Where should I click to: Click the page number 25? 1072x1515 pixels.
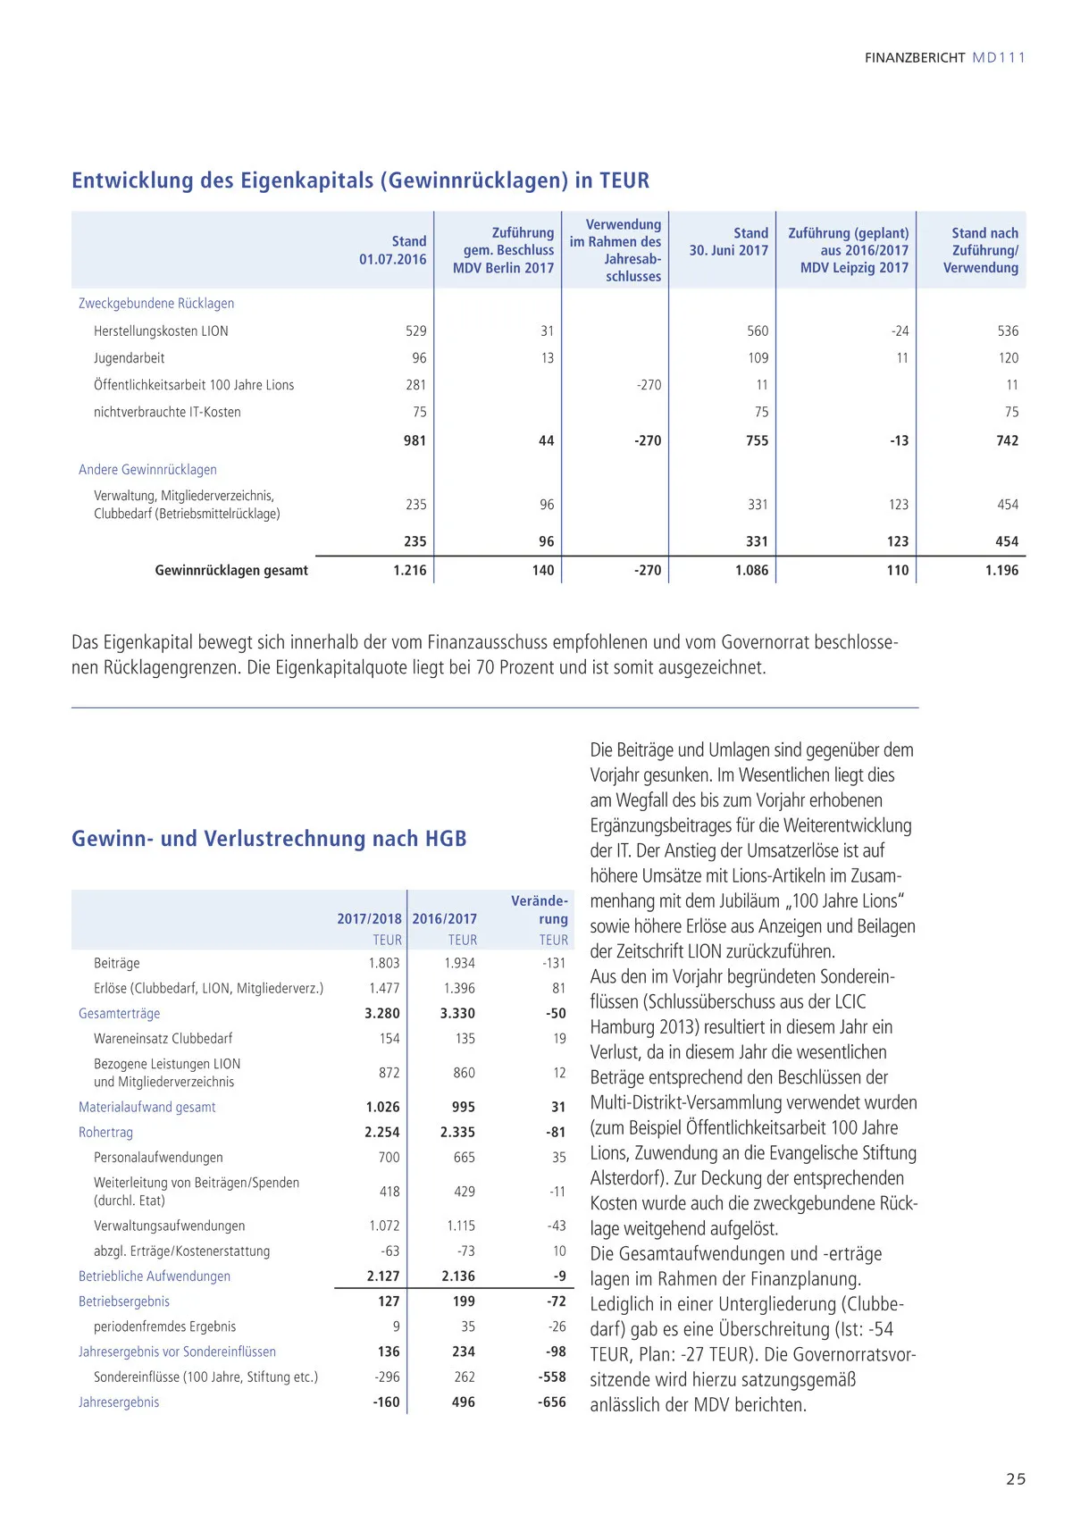click(1016, 1478)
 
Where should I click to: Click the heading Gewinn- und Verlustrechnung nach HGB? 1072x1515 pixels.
click(269, 839)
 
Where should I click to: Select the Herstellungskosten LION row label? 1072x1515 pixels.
click(161, 331)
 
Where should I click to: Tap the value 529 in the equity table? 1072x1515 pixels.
click(415, 331)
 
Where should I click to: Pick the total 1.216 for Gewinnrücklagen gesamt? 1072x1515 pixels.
click(410, 570)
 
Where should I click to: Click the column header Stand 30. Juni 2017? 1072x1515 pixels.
click(728, 242)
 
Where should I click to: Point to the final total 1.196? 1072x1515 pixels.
click(1001, 570)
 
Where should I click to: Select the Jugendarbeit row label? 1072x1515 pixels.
click(130, 358)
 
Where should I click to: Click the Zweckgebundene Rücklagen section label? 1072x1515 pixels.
click(156, 304)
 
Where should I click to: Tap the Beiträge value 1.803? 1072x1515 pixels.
click(384, 963)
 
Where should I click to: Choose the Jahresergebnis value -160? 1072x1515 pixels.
click(386, 1402)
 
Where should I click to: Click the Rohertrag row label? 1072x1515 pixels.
click(105, 1133)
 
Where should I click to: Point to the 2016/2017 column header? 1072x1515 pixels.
click(445, 918)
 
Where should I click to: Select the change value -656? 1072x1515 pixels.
click(551, 1402)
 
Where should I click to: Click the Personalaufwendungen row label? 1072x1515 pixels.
click(158, 1158)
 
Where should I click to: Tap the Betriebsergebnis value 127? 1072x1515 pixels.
click(389, 1302)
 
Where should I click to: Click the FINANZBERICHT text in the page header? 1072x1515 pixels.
click(915, 58)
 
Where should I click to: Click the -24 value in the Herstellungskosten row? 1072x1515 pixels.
click(900, 331)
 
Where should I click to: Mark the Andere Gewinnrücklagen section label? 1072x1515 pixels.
click(147, 470)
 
